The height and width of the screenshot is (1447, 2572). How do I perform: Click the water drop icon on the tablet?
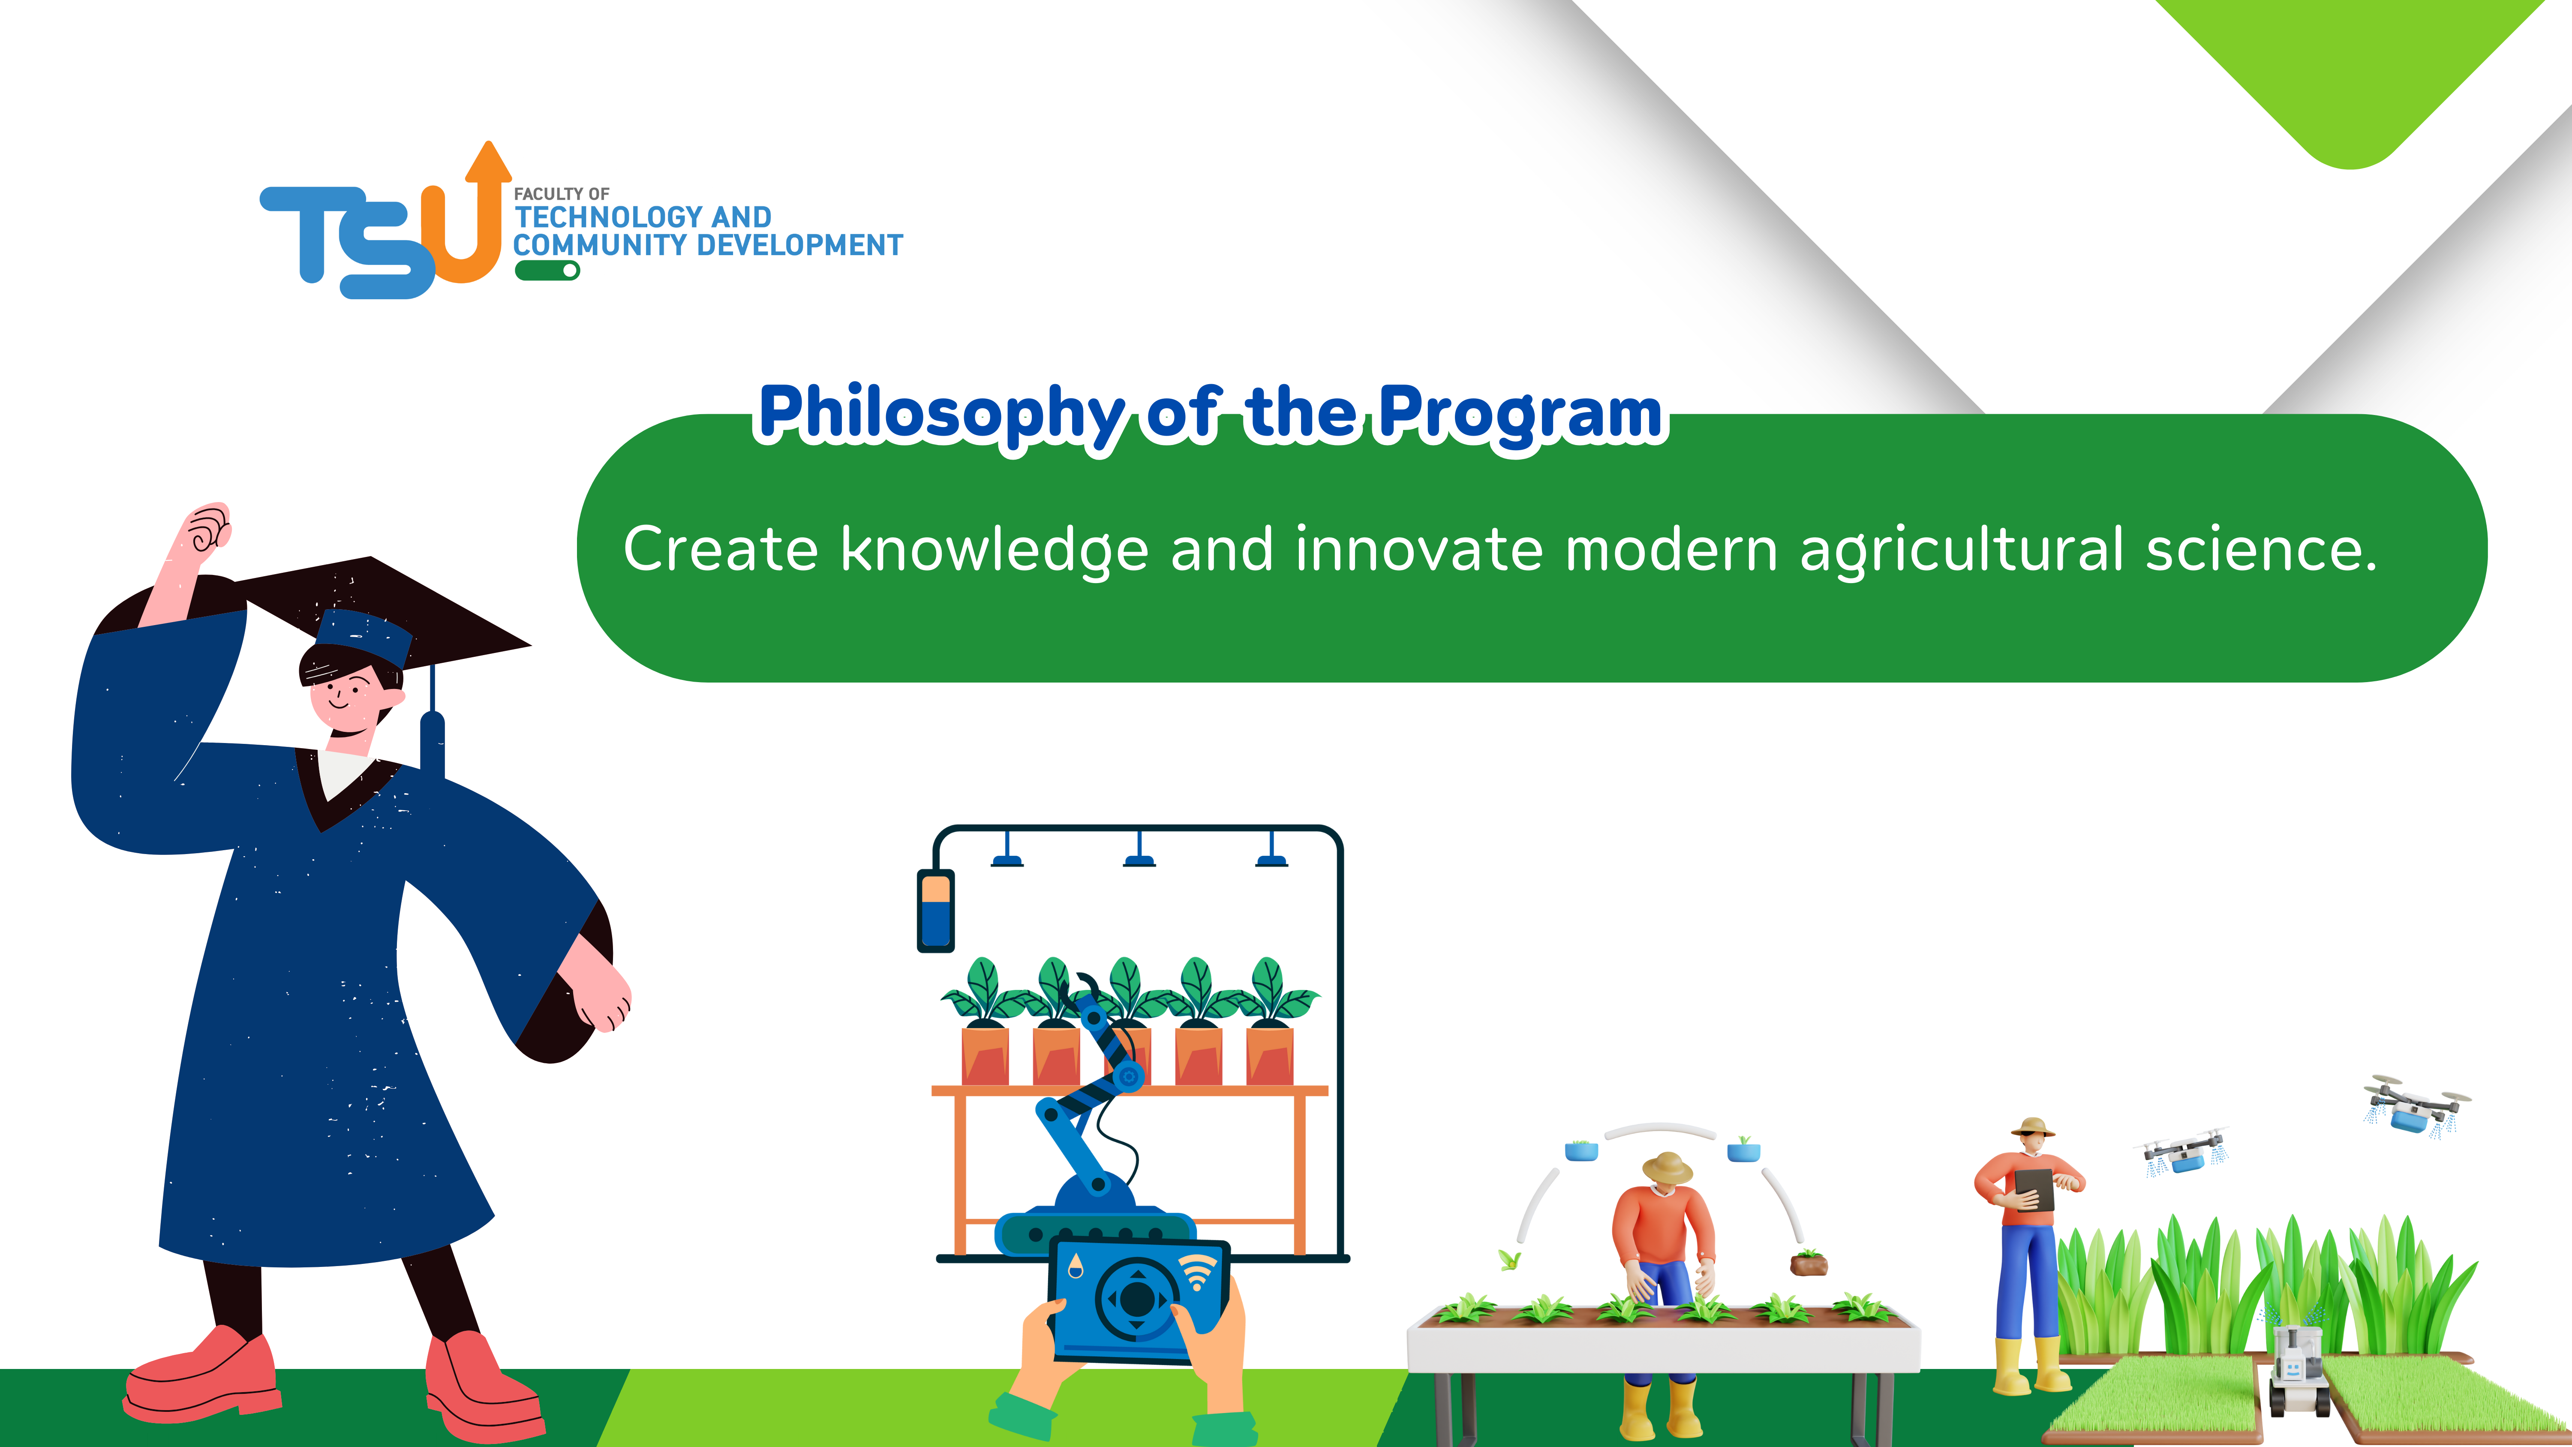[1074, 1266]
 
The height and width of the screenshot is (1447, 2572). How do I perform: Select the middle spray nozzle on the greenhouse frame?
[1139, 851]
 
